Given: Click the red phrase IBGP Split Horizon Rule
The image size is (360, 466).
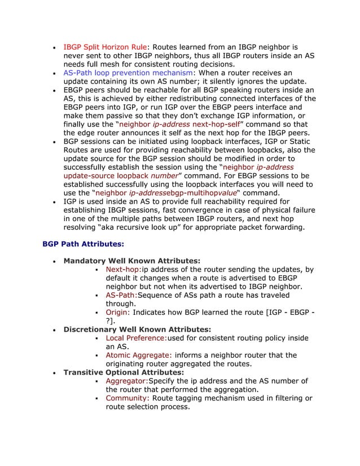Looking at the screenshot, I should pos(105,47).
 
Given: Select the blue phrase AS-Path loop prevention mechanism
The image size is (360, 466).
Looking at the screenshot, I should pos(128,73).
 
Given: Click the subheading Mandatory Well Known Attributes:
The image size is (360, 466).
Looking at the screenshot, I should pos(131,261).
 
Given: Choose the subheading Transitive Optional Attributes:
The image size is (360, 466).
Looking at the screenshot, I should pos(124,372).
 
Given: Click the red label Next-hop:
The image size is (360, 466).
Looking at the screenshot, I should pos(124,270).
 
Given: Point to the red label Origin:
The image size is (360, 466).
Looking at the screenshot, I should pos(118,312).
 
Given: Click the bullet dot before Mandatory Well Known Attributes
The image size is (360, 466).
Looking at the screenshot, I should pos(53,261).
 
